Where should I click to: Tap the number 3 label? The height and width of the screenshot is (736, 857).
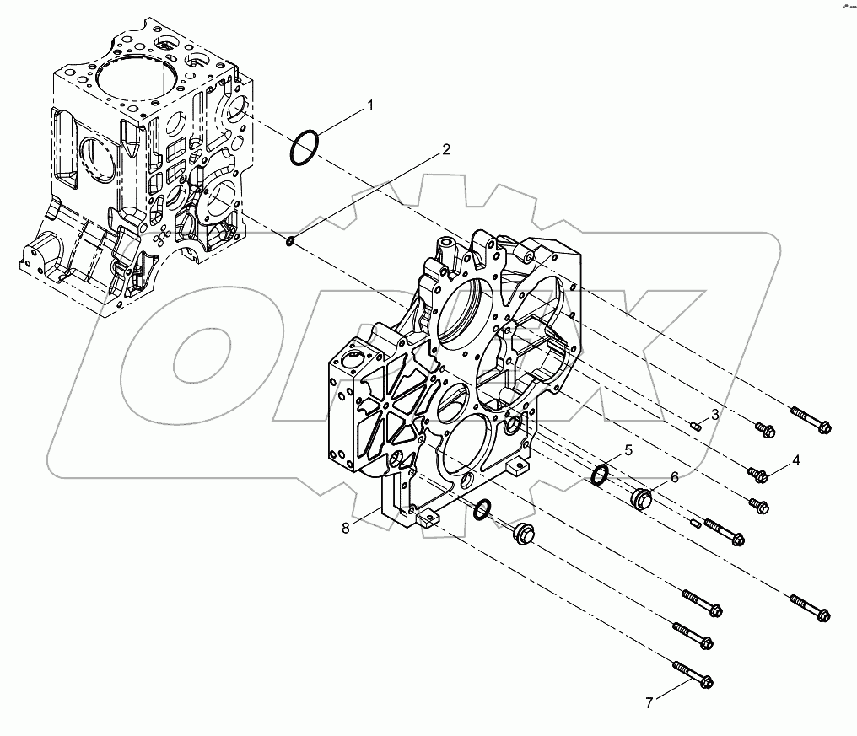714,414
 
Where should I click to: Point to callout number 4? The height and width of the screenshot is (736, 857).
795,461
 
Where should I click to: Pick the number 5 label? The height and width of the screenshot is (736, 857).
628,449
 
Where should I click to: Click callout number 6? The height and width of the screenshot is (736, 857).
674,477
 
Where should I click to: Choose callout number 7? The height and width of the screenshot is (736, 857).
649,701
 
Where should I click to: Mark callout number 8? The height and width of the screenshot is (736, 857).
346,528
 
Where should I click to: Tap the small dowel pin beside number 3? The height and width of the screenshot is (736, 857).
694,426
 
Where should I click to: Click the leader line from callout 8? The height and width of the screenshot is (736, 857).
368,518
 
